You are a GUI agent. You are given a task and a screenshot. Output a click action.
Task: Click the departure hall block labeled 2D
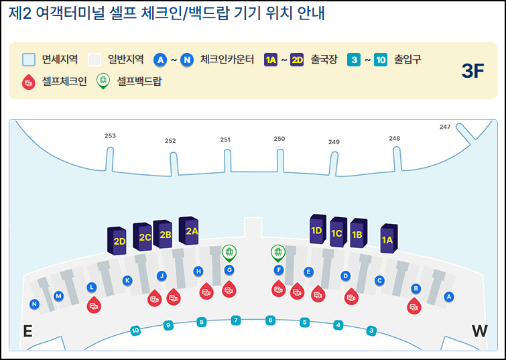coord(119,240)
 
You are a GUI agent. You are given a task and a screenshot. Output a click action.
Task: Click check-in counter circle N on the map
coord(34,304)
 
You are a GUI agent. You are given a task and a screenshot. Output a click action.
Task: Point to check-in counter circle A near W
coord(449,296)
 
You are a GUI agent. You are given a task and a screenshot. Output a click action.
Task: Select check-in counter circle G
coord(229,269)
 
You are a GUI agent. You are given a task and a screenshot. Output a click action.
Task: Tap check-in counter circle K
coord(127,280)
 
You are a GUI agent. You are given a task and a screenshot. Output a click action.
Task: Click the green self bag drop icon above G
coord(229,253)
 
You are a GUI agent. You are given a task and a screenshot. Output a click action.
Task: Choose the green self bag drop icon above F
coord(277,253)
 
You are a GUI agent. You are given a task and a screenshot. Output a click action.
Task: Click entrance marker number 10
coord(135,330)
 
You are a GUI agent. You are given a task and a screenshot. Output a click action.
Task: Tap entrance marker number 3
coord(371,330)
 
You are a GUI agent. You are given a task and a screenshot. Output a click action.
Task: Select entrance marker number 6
coord(270,320)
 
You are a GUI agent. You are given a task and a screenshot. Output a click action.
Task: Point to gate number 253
coord(110,135)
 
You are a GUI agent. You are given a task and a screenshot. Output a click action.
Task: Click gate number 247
coord(445,127)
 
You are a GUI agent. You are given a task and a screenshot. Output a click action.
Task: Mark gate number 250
coord(279,139)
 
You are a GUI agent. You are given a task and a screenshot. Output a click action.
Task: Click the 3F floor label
coord(472,71)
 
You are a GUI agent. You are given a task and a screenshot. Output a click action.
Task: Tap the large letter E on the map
coord(27,331)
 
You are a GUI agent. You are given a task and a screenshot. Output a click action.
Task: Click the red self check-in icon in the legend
coord(28,81)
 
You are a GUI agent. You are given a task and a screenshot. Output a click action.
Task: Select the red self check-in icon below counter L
coord(94,306)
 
